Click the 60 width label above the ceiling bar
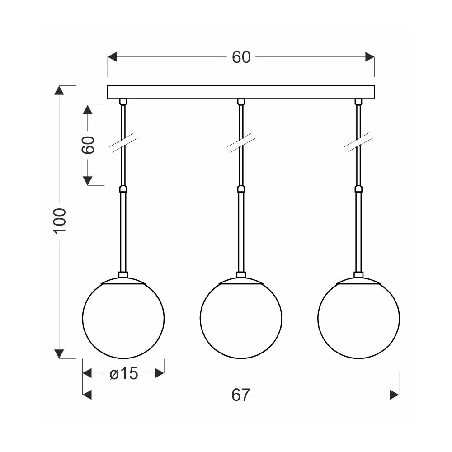(x=241, y=57)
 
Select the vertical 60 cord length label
(x=89, y=145)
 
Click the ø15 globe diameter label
(x=124, y=374)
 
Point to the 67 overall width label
(x=240, y=395)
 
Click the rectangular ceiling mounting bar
(x=241, y=92)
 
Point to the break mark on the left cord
(x=123, y=143)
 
